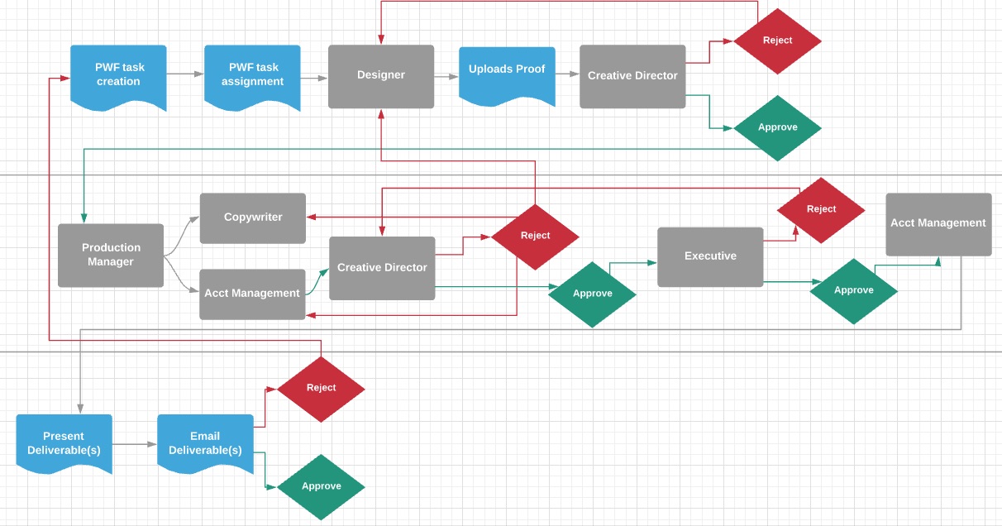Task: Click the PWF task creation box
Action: (118, 75)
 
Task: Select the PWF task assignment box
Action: (252, 75)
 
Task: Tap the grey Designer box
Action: (381, 76)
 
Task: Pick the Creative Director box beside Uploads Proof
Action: (632, 76)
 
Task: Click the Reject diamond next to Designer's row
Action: (777, 41)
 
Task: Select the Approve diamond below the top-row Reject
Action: (777, 127)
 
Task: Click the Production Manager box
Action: (111, 255)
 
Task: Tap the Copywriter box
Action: (253, 218)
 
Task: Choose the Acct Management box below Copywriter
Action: (253, 293)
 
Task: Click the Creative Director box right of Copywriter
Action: (382, 268)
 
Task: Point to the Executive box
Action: (710, 256)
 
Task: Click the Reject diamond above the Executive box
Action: (821, 209)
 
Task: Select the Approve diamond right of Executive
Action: (853, 290)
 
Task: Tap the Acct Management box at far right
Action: (938, 224)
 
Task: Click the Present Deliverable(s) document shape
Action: (64, 442)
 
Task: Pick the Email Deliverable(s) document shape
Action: (205, 442)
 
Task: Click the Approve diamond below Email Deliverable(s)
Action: (321, 486)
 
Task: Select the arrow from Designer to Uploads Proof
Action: (446, 76)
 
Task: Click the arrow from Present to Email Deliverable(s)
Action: (134, 444)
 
